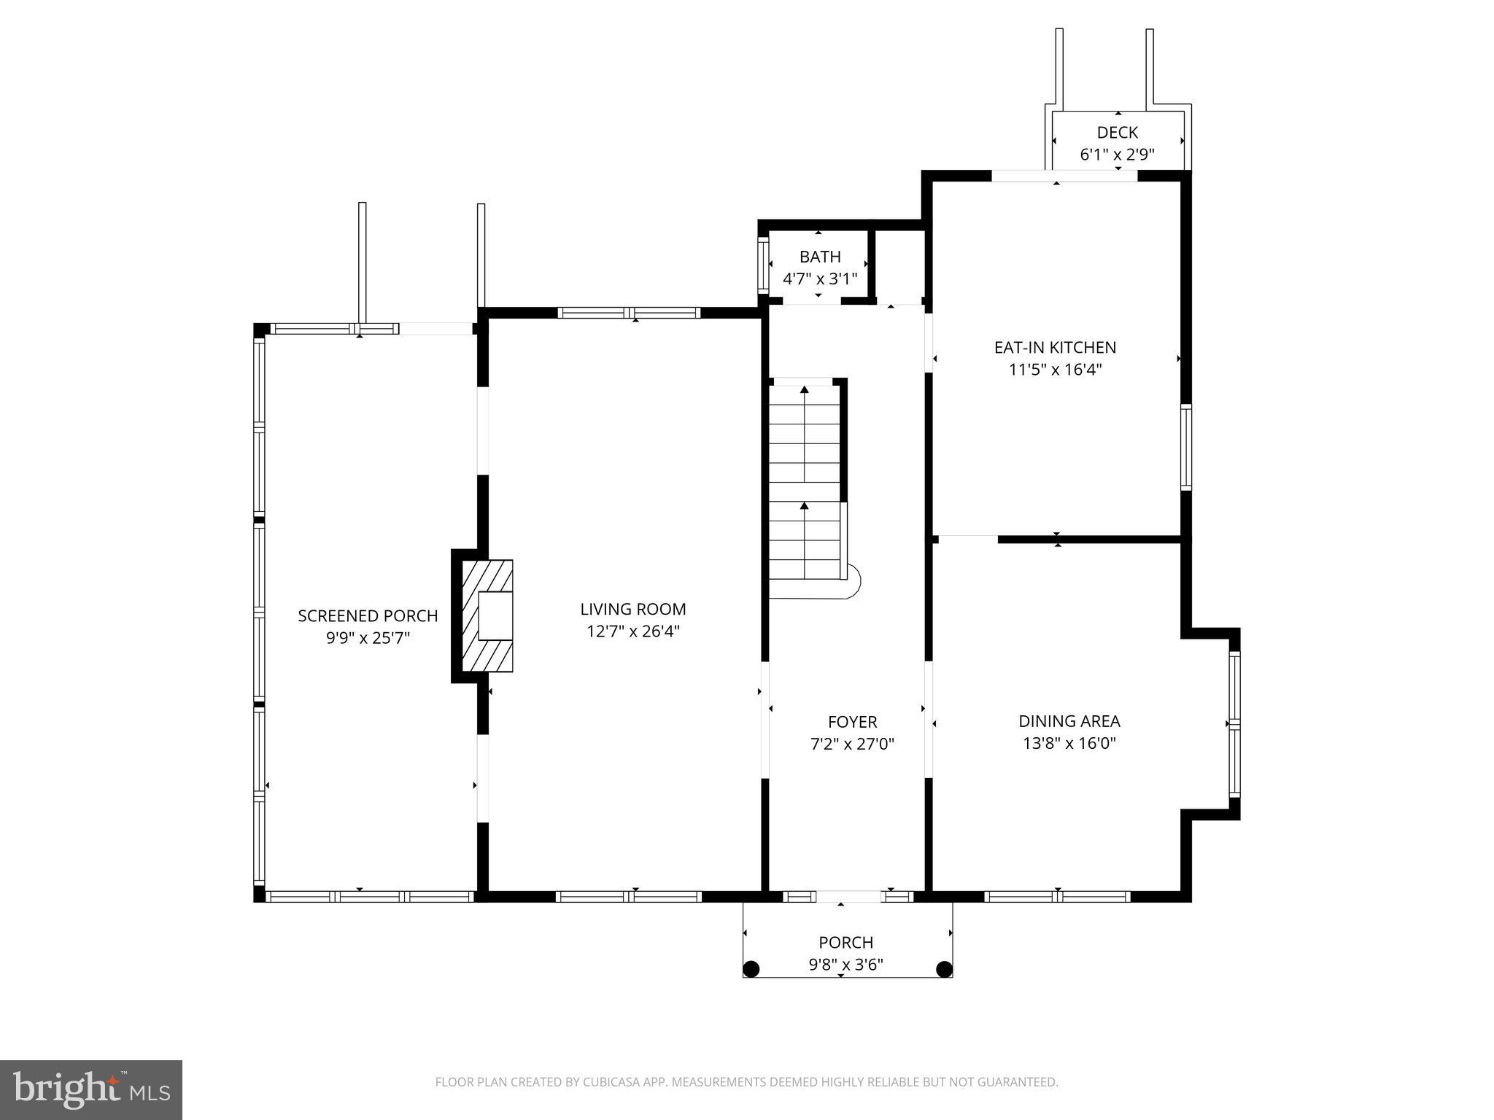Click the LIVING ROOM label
tap(632, 609)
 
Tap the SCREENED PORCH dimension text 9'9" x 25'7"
tap(368, 638)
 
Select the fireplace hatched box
tap(488, 615)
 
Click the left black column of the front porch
tap(751, 969)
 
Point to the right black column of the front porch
tap(944, 969)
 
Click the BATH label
tap(820, 257)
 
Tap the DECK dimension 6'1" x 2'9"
tap(1117, 155)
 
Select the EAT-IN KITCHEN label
tap(1055, 348)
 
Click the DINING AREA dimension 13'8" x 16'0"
tap(1069, 743)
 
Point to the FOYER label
tap(852, 722)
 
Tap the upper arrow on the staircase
tap(805, 390)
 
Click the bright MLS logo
tap(90, 1089)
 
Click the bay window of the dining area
tap(1234, 723)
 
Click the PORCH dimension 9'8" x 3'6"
tap(845, 965)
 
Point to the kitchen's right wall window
tap(1185, 447)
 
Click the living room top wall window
tap(629, 313)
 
